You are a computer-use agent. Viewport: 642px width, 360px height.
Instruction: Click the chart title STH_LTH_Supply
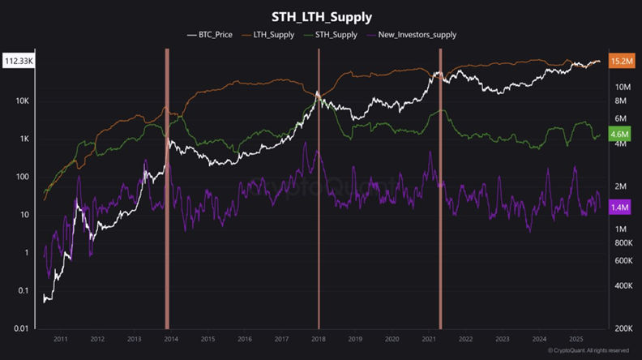click(x=322, y=15)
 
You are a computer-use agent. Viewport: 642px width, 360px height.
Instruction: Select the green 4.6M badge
click(x=620, y=135)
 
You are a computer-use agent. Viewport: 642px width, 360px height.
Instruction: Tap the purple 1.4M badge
click(x=620, y=208)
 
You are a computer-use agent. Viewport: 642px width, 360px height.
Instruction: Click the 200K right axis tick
click(x=623, y=328)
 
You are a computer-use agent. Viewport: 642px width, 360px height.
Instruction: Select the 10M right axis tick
click(x=623, y=87)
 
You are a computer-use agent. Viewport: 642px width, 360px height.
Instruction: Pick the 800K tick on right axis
click(x=623, y=242)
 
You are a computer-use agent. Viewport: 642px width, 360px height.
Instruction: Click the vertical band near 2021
click(x=440, y=186)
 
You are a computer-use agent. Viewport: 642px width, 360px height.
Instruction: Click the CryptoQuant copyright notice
click(x=588, y=350)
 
